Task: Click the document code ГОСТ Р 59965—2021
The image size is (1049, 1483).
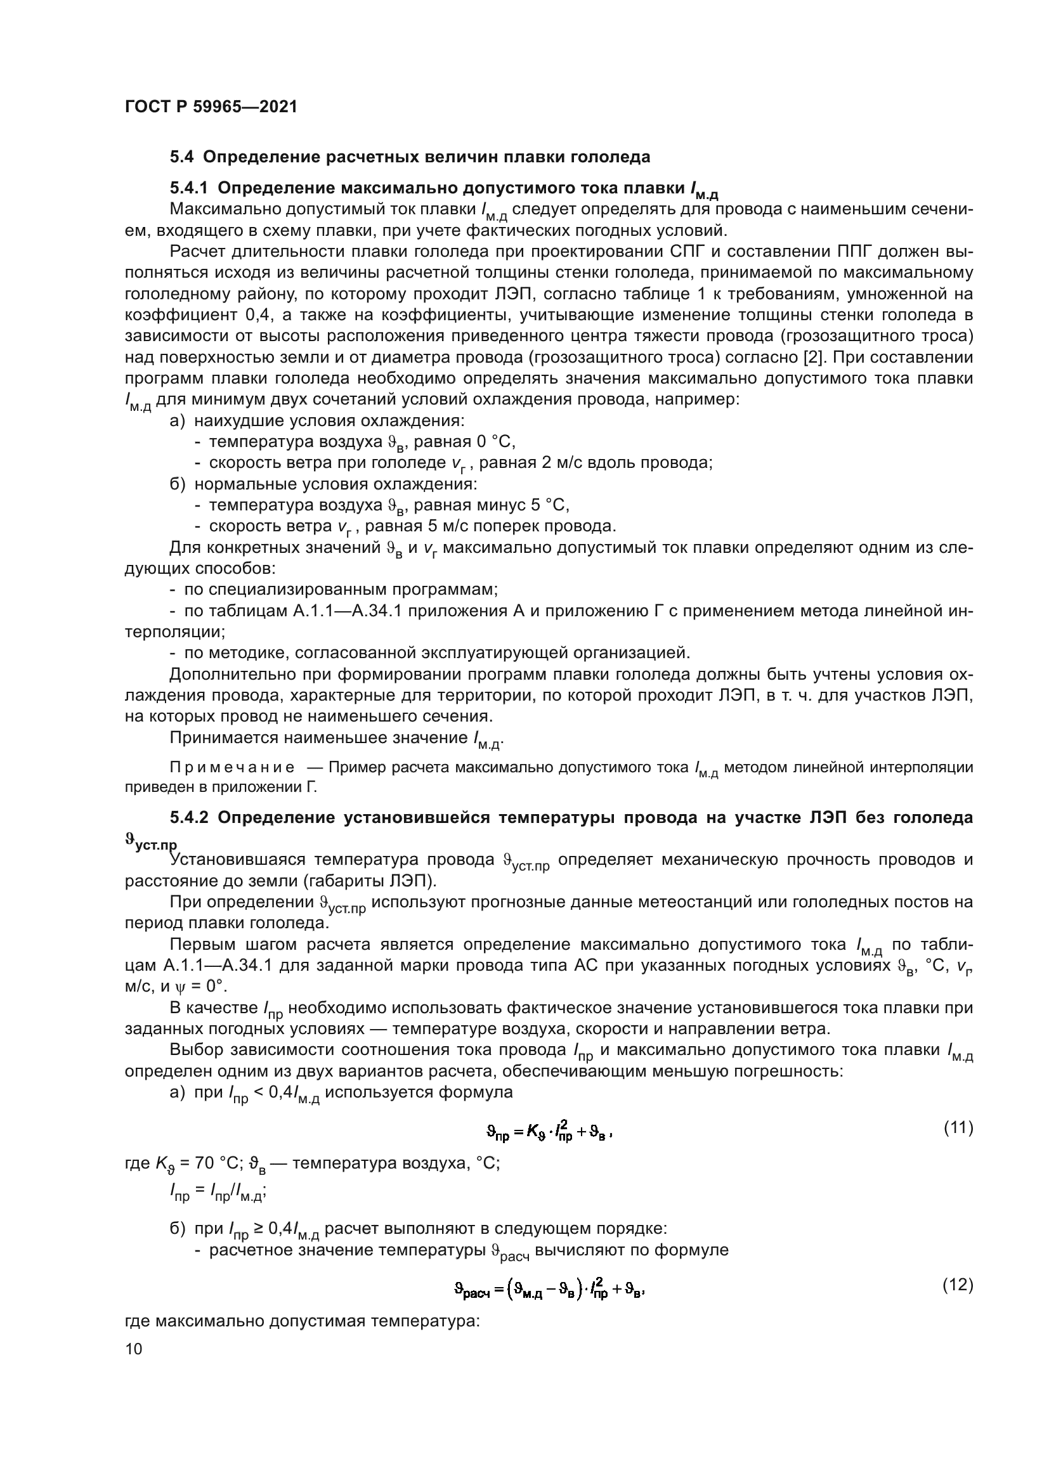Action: (211, 107)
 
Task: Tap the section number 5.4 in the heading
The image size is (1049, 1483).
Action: (181, 157)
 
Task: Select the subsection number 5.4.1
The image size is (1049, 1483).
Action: (188, 188)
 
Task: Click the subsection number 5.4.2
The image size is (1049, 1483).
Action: (188, 818)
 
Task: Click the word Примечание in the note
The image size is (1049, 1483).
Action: (232, 768)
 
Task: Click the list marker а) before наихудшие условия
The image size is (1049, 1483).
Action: (177, 421)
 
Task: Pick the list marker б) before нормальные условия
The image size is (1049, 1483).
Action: (177, 484)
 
